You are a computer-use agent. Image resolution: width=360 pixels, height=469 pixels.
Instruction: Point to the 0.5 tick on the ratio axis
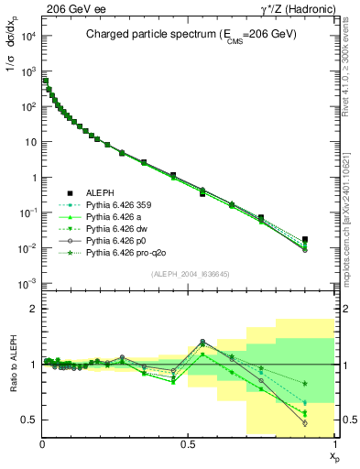(29, 420)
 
